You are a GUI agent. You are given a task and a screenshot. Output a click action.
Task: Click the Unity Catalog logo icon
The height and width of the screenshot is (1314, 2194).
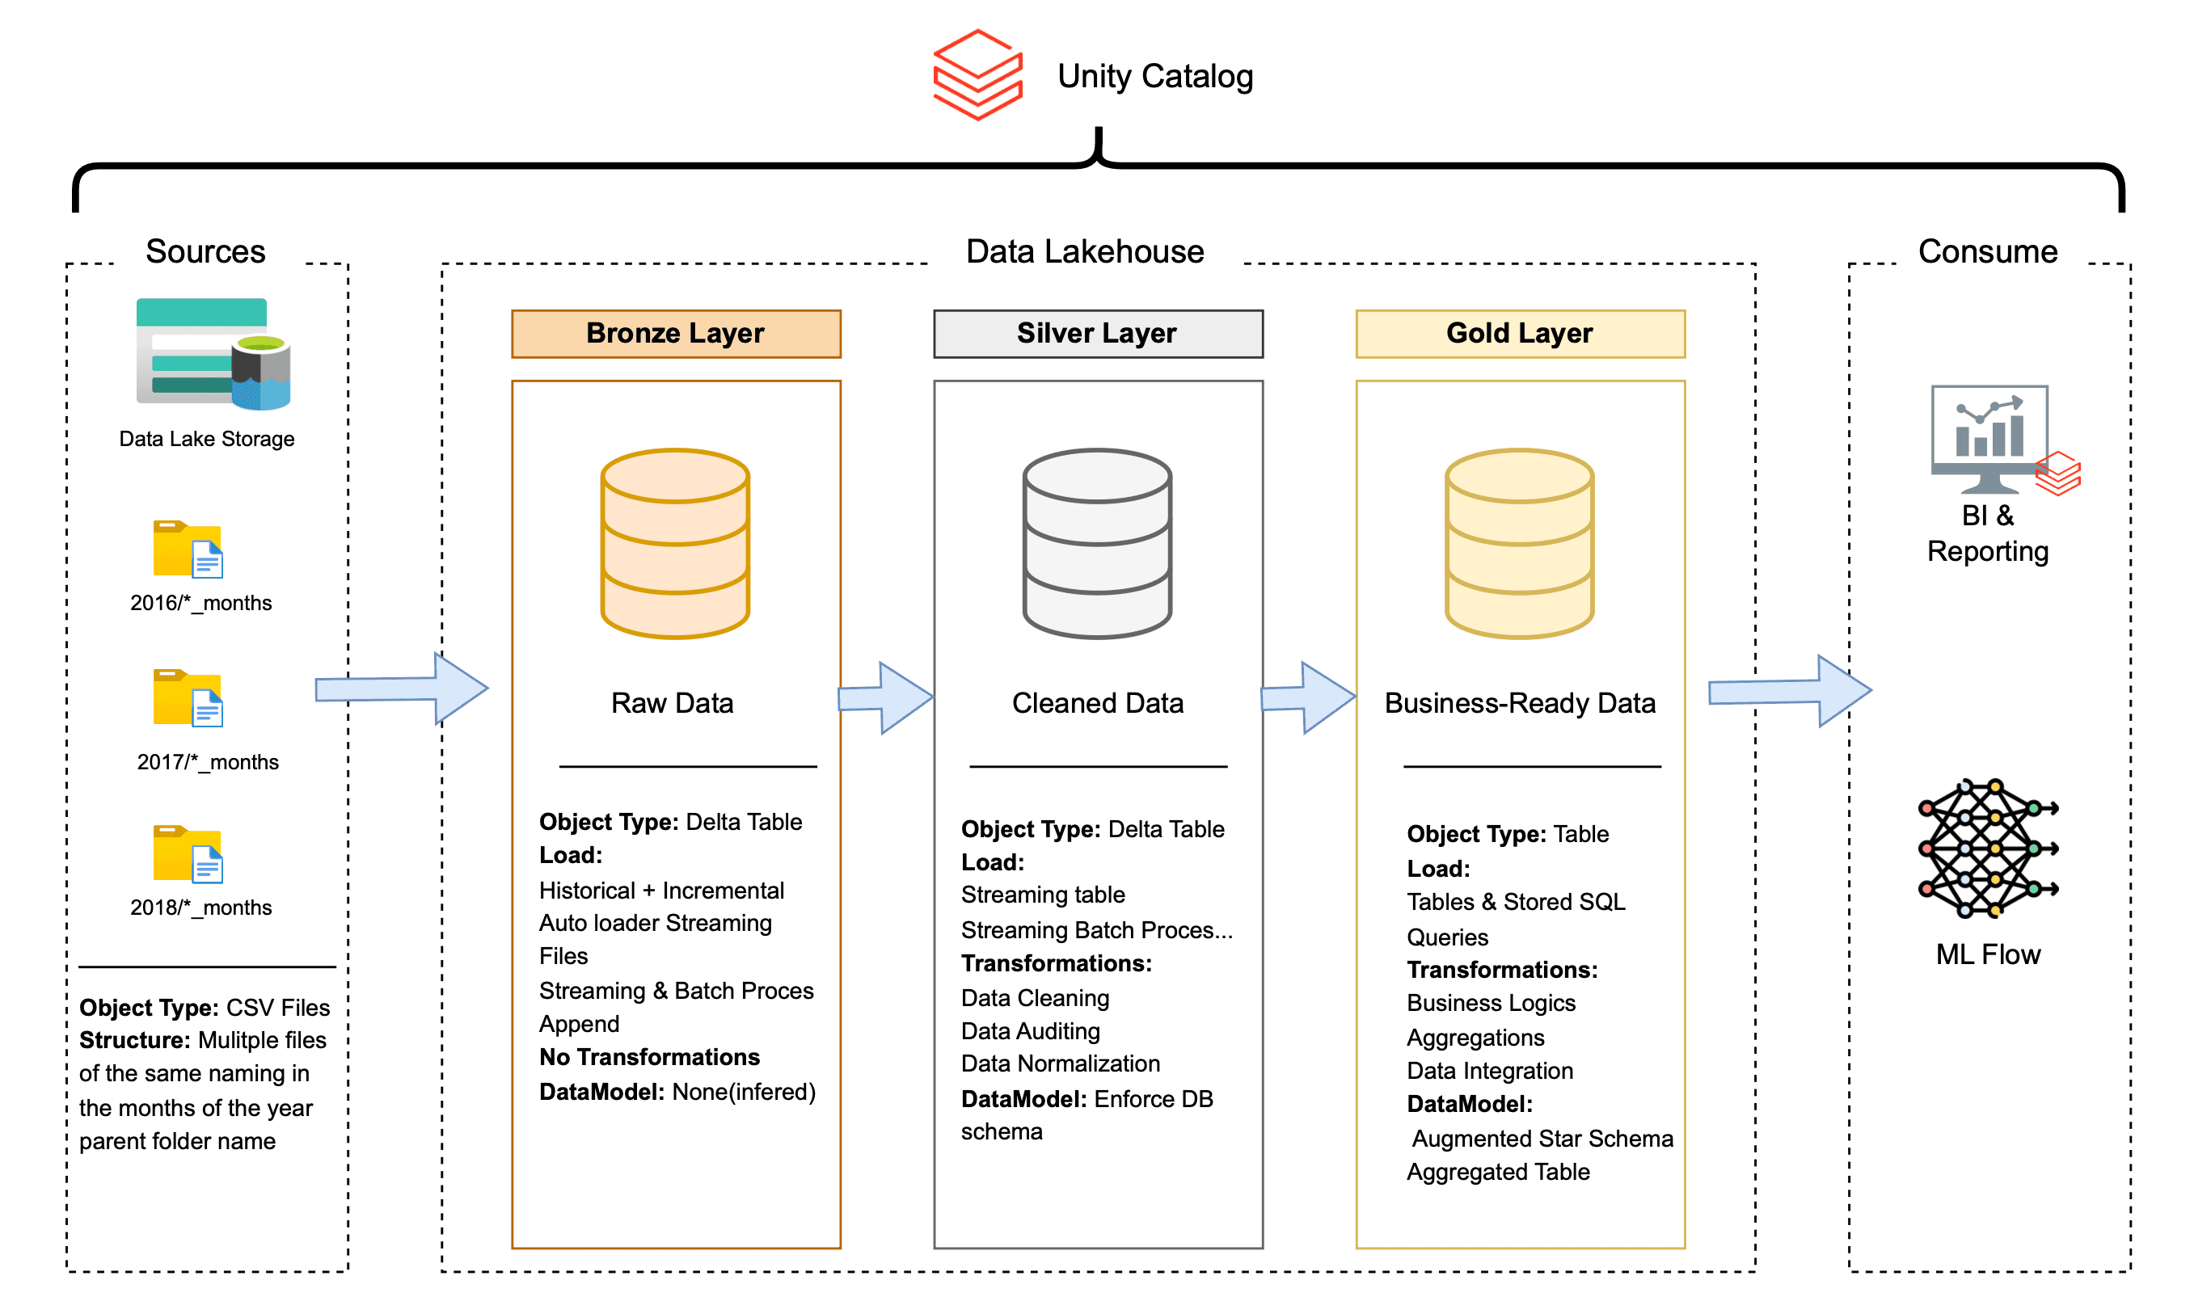[x=977, y=75]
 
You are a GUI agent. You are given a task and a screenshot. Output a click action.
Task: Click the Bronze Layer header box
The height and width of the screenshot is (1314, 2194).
[x=675, y=334]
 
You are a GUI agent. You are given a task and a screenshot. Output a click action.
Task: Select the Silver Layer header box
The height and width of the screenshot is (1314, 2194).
[x=1098, y=334]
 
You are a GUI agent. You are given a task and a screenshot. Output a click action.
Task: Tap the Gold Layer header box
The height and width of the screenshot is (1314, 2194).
[x=1520, y=334]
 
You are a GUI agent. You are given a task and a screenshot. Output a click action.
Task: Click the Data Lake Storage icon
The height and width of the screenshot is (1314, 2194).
[x=213, y=354]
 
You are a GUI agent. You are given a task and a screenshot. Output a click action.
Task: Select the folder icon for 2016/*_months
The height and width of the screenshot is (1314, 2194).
[x=187, y=549]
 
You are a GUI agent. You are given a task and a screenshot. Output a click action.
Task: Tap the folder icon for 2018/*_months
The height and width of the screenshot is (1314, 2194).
[x=187, y=854]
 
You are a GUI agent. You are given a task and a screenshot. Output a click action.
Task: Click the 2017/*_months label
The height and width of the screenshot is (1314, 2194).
[x=207, y=762]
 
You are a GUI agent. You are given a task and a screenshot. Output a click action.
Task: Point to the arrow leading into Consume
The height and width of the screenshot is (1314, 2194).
[x=1789, y=691]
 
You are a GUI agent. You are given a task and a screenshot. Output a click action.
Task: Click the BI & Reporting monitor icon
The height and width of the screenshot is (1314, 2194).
[x=1993, y=439]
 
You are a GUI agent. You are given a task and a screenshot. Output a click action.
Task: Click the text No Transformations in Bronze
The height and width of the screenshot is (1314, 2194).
[x=649, y=1057]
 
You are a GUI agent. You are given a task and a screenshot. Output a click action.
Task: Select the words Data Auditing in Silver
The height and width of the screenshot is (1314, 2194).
[x=1030, y=1031]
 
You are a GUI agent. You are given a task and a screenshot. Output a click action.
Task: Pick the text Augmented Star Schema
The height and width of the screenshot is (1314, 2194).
[x=1542, y=1139]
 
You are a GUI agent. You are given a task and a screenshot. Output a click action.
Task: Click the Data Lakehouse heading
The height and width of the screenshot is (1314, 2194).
[x=1084, y=251]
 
